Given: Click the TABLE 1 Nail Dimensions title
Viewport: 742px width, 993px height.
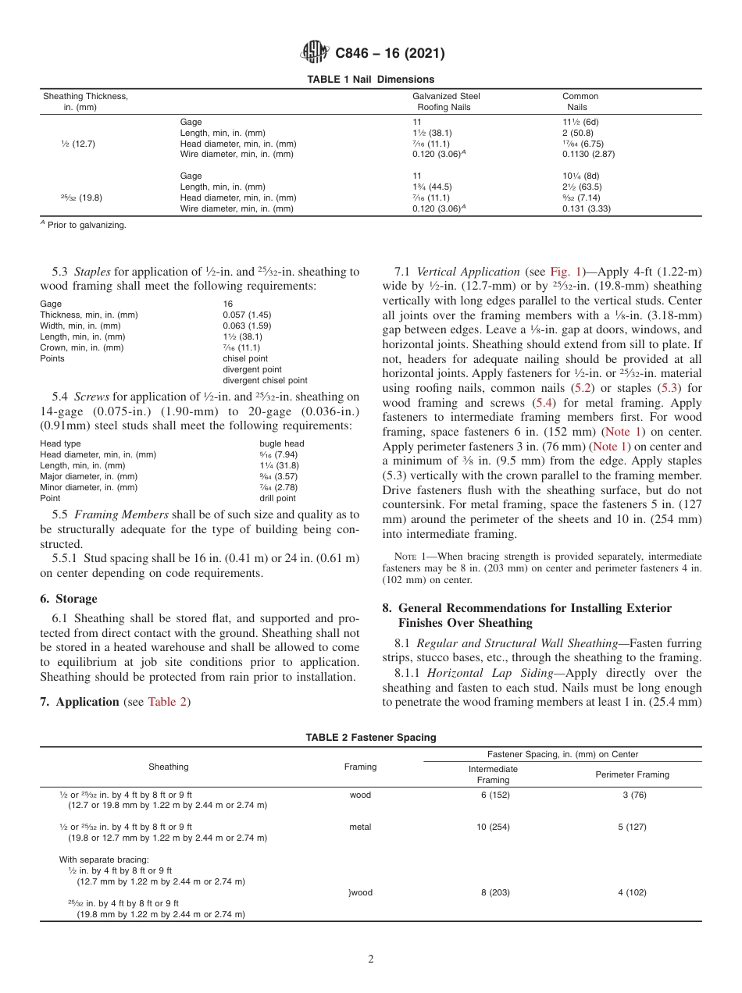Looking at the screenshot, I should [x=370, y=80].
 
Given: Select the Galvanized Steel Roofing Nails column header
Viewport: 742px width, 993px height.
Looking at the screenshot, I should [x=446, y=101].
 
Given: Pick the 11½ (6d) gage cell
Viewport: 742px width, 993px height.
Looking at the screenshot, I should [x=580, y=122].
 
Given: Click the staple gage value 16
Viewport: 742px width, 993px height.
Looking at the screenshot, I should [x=228, y=304].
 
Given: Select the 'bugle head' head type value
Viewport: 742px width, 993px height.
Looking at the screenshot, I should [x=281, y=443].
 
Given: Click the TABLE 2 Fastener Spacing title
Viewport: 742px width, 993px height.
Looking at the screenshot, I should [x=370, y=737].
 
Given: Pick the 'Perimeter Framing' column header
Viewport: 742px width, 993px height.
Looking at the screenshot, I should [x=632, y=774].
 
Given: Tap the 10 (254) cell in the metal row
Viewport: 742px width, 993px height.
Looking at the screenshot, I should [x=493, y=827].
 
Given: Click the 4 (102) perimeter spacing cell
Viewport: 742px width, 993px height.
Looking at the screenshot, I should [x=632, y=892].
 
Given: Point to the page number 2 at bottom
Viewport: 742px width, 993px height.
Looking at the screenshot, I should [x=371, y=959].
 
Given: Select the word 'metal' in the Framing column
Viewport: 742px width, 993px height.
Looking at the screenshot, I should [x=360, y=827].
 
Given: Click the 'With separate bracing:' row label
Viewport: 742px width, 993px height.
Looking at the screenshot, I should [x=104, y=860].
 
